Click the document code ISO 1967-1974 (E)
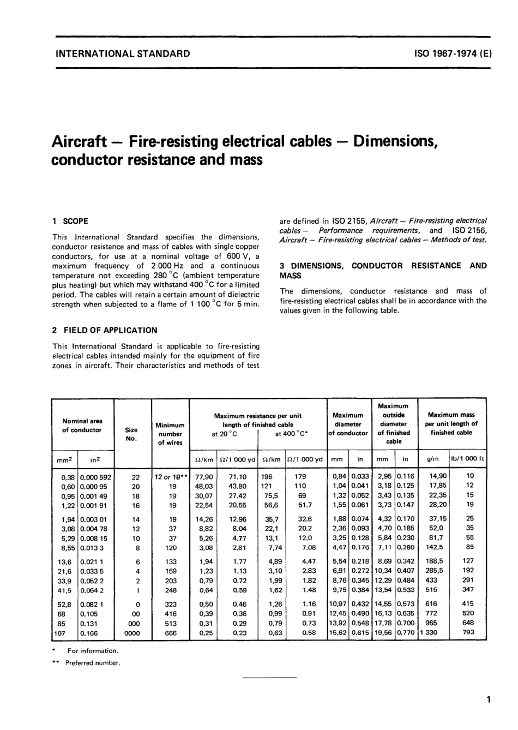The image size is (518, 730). tap(454, 53)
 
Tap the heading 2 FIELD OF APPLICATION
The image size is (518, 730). tap(104, 330)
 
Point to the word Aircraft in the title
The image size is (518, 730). tap(78, 142)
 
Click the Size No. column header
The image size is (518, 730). tap(131, 434)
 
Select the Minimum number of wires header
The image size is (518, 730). tap(170, 434)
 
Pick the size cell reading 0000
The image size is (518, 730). tap(132, 633)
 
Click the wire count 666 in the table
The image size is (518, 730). tap(171, 633)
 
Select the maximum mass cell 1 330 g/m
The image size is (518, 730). tap(429, 633)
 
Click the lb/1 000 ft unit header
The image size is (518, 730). tap(467, 458)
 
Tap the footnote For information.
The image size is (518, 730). tap(92, 650)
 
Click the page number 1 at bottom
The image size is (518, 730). tap(489, 699)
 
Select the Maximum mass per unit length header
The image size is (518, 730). tap(452, 424)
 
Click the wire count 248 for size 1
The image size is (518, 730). tap(171, 590)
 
